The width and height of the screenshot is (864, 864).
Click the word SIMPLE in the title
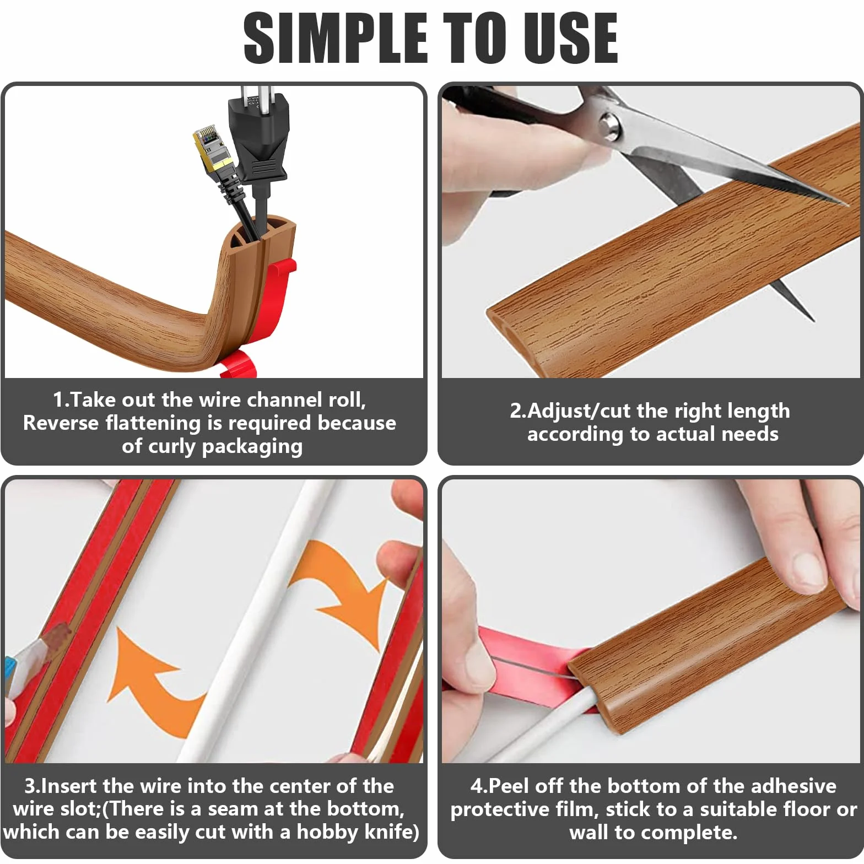click(x=336, y=37)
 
